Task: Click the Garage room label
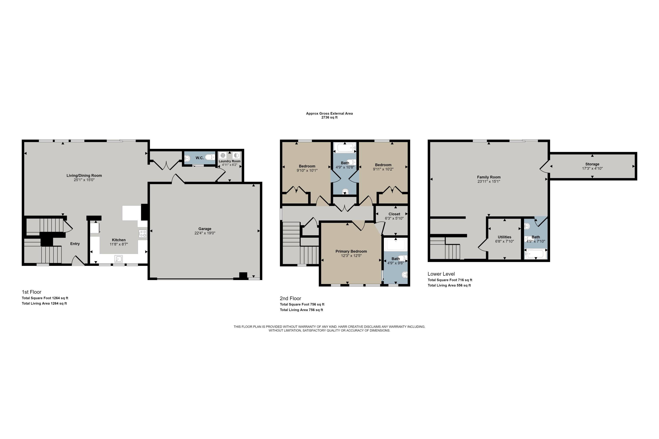(205, 229)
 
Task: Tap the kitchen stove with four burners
(143, 234)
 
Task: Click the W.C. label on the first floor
(199, 158)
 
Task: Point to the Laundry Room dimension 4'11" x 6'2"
(230, 165)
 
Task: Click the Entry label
(75, 244)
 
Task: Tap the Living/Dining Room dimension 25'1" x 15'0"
(84, 180)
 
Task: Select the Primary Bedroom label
(351, 251)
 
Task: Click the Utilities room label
(504, 237)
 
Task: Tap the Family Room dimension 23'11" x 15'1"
(489, 182)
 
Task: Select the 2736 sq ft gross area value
(329, 118)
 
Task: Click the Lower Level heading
(441, 274)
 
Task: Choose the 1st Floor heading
(31, 292)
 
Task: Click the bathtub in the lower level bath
(536, 254)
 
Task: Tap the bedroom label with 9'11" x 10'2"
(383, 165)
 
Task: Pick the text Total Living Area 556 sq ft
(449, 285)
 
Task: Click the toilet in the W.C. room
(210, 157)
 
